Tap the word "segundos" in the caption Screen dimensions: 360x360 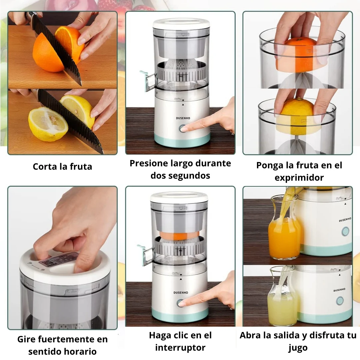coord(180,176)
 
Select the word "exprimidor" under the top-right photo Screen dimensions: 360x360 coord(299,178)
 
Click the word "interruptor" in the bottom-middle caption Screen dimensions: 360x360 coord(180,348)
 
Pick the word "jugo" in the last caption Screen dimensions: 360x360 coord(298,348)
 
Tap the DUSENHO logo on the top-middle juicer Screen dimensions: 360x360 coord(183,118)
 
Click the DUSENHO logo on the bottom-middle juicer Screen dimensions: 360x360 coord(181,293)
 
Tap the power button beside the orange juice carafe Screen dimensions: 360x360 coord(345,231)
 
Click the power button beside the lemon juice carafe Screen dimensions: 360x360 coord(340,301)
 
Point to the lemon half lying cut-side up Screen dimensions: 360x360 coord(48,124)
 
